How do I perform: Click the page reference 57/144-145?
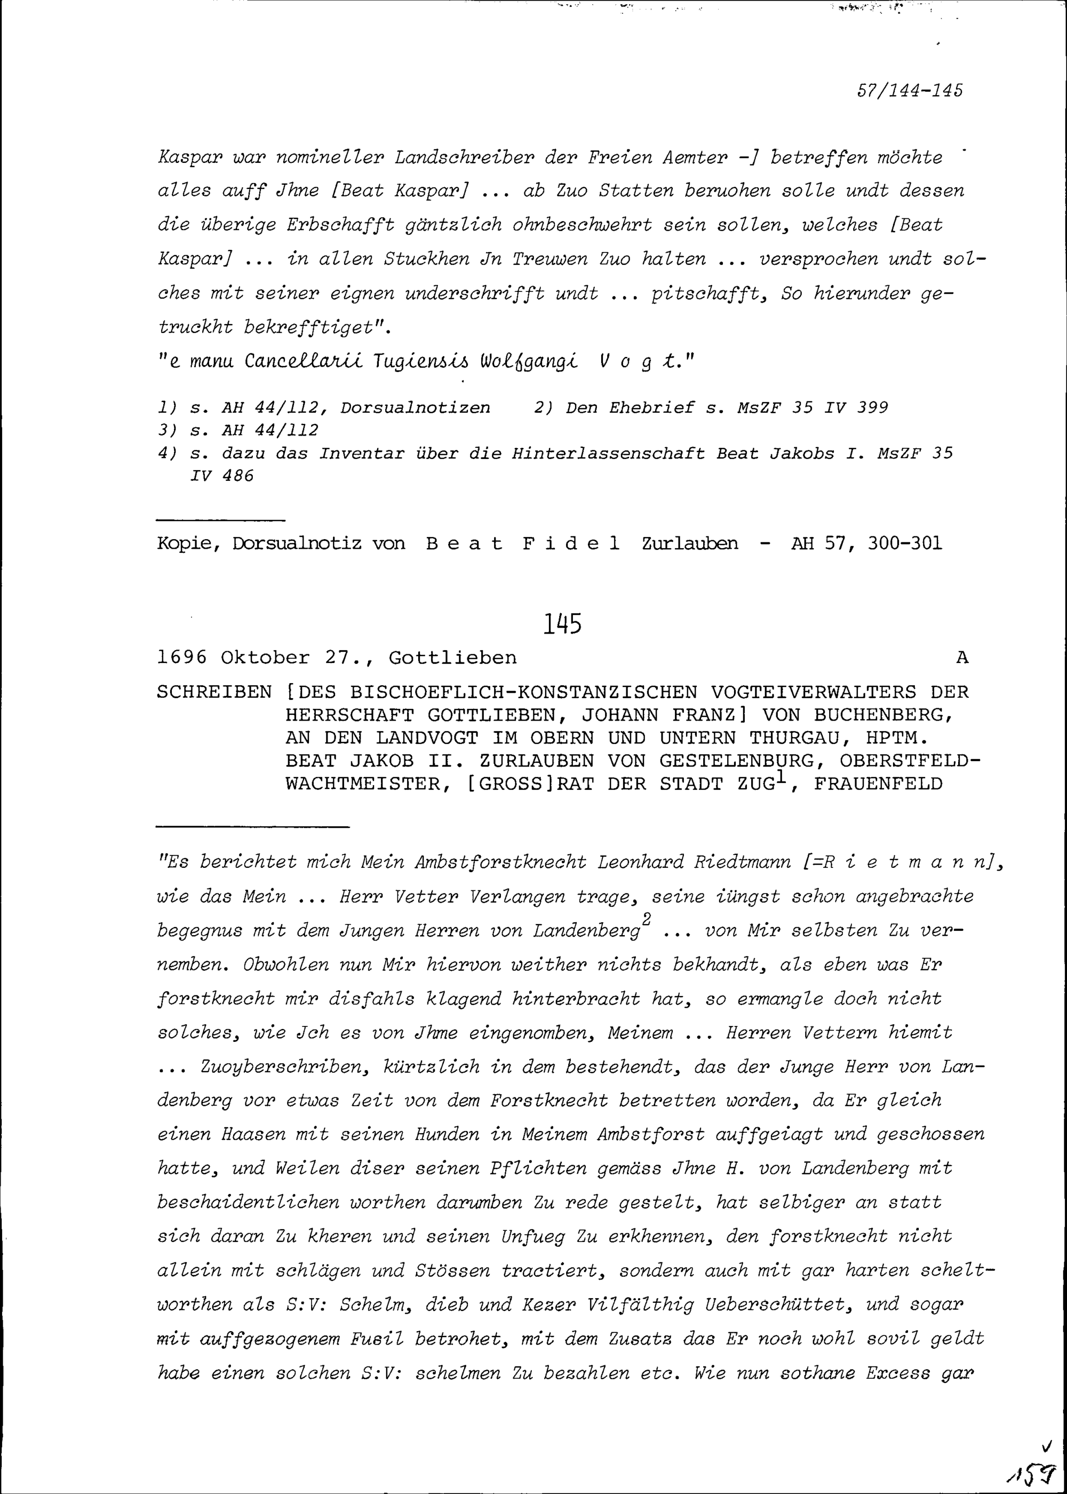(910, 90)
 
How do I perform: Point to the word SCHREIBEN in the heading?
(214, 692)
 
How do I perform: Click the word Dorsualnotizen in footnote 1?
(415, 407)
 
